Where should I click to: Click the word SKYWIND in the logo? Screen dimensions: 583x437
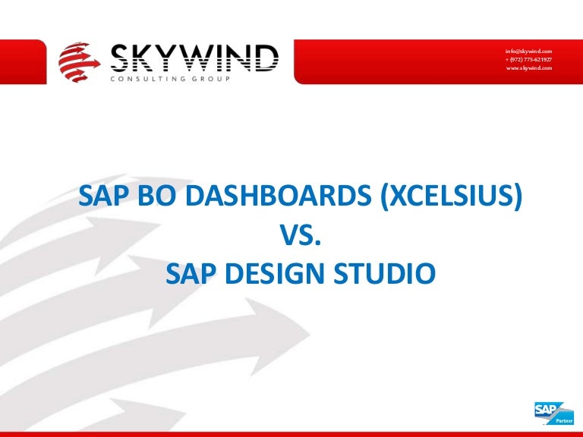(x=194, y=58)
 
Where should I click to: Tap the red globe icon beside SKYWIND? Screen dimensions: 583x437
(x=79, y=62)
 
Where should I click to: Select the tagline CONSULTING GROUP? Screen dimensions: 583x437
(x=170, y=79)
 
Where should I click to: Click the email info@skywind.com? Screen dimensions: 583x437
(x=528, y=52)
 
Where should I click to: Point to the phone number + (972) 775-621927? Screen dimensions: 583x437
(x=528, y=59)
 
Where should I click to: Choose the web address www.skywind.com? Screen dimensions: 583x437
(x=529, y=68)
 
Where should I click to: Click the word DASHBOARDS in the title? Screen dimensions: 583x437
(x=278, y=196)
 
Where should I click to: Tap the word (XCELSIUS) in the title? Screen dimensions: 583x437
(x=452, y=197)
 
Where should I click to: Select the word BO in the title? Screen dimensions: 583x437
(x=156, y=196)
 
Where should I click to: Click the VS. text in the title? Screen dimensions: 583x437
(x=300, y=235)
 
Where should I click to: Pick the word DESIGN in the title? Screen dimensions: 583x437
(x=275, y=273)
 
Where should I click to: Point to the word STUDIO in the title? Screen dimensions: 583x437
(x=384, y=273)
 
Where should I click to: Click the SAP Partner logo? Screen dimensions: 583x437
(x=553, y=413)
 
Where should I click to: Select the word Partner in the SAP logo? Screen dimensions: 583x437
(x=564, y=420)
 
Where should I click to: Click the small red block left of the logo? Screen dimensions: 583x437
(x=23, y=61)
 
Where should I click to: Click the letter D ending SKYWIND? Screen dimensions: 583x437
(x=266, y=58)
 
